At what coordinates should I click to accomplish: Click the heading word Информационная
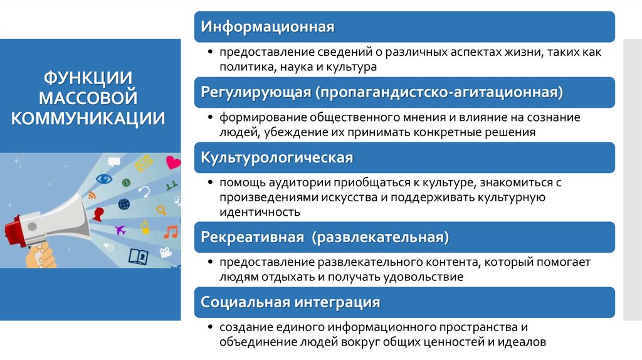click(268, 27)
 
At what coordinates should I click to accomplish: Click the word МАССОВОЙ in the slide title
click(88, 98)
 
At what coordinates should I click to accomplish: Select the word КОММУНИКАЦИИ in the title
click(88, 118)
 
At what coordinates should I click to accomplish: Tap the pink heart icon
click(173, 163)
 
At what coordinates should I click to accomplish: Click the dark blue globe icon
click(124, 204)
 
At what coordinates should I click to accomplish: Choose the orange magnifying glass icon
click(161, 209)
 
